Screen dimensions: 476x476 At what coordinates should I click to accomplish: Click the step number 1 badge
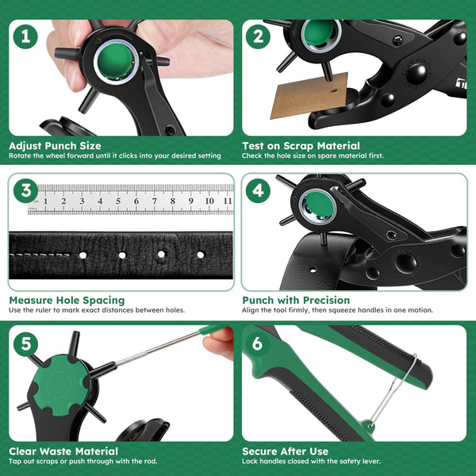pyautogui.click(x=28, y=36)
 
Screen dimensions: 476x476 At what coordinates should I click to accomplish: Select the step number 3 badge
pyautogui.click(x=28, y=190)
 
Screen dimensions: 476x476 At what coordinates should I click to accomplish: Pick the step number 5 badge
pyautogui.click(x=28, y=344)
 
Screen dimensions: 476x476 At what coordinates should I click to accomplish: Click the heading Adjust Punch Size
pyautogui.click(x=55, y=146)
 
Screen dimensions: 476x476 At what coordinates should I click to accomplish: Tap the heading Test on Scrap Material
pyautogui.click(x=301, y=146)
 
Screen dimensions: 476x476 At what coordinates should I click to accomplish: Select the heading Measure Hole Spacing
pyautogui.click(x=67, y=300)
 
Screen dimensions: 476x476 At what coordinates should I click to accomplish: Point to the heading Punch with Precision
pyautogui.click(x=295, y=300)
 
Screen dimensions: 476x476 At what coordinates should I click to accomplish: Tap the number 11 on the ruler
pyautogui.click(x=227, y=202)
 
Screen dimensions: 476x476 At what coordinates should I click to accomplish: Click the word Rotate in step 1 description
pyautogui.click(x=21, y=155)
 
